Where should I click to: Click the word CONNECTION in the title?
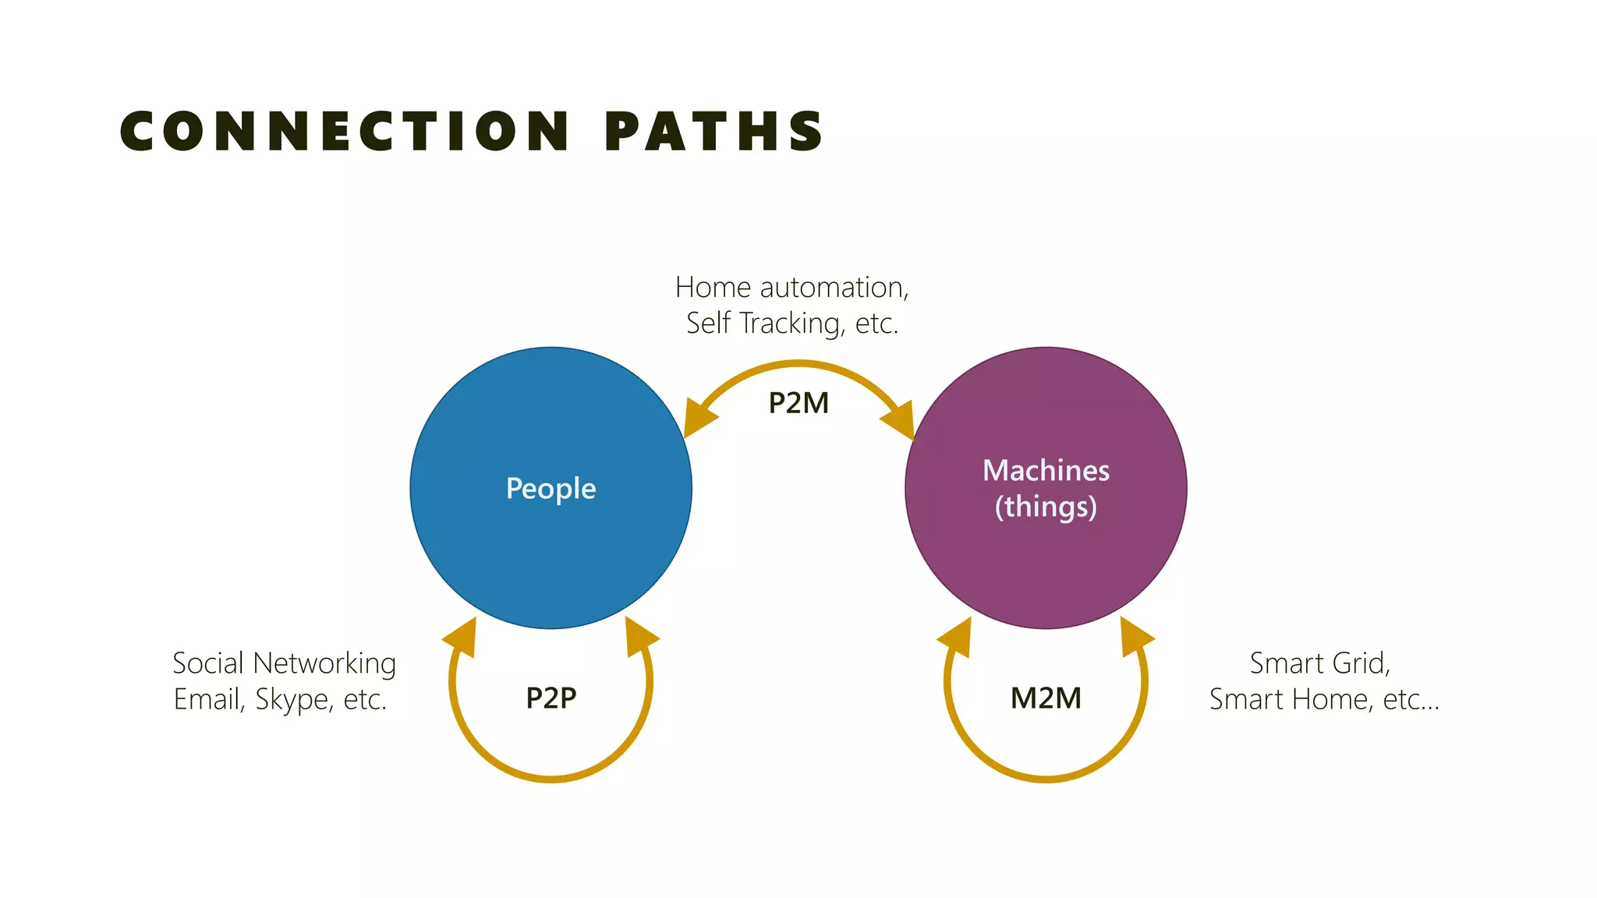point(345,130)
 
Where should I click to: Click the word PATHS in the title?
point(714,130)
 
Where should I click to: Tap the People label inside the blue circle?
point(551,489)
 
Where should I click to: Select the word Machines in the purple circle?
point(1046,471)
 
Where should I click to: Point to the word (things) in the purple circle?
point(1046,507)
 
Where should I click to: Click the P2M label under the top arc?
point(798,403)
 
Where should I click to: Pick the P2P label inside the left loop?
point(551,698)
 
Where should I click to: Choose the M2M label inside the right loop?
point(1046,698)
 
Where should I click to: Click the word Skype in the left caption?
point(292,699)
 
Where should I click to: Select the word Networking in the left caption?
point(324,663)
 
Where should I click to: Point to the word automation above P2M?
point(834,288)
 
